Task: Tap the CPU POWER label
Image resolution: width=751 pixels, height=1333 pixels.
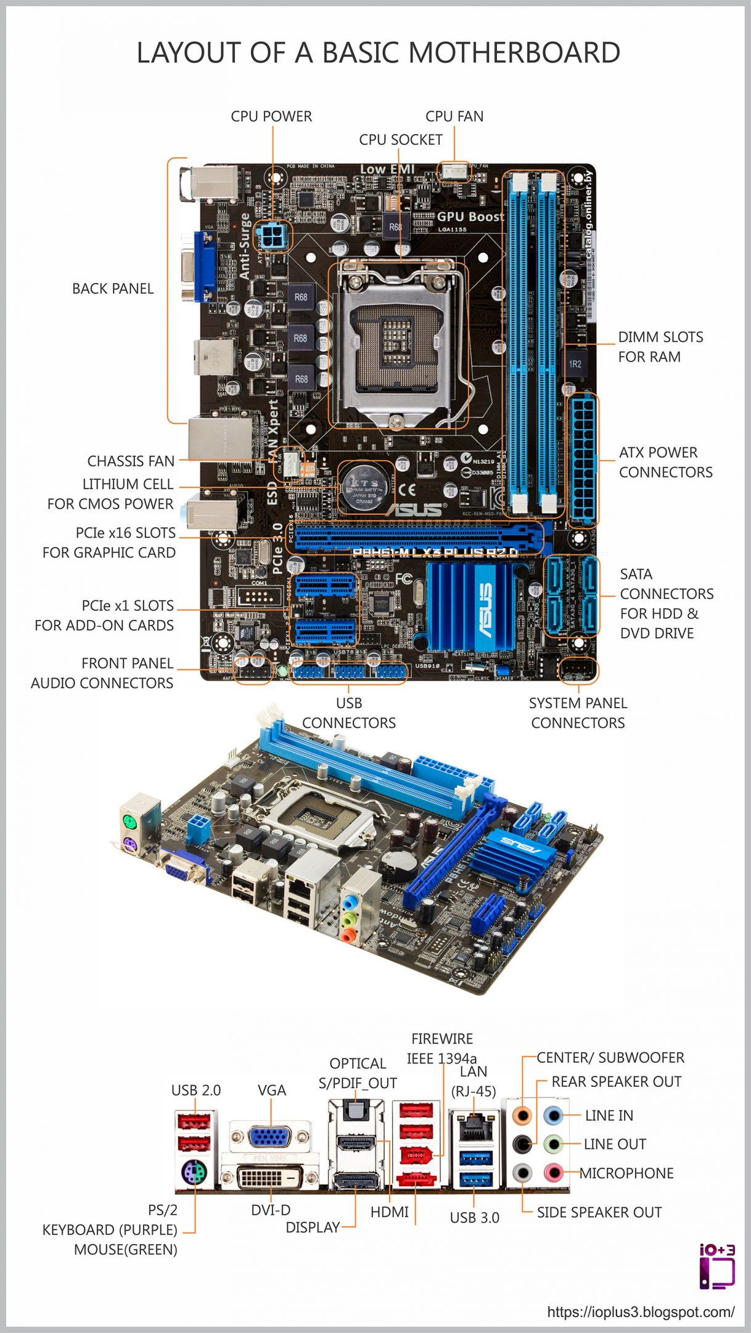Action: [x=271, y=117]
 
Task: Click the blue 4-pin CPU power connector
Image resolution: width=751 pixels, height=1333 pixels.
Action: [x=272, y=235]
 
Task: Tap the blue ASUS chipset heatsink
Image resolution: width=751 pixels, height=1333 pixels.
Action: [x=472, y=605]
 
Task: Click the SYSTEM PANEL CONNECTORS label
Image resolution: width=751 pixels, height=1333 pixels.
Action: [x=578, y=713]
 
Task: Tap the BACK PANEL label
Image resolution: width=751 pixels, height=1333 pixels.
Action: [x=113, y=289]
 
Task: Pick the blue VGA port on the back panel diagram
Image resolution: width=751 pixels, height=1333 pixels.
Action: [x=271, y=1137]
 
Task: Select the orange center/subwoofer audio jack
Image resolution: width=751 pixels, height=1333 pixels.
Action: [x=522, y=1115]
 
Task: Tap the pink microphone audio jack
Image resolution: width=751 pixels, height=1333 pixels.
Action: [x=554, y=1171]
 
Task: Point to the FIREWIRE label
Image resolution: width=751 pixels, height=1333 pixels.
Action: [x=442, y=1039]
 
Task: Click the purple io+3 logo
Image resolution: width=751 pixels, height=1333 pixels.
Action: [x=716, y=1267]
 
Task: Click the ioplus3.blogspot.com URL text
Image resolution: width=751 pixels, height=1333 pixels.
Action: [x=641, y=1312]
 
